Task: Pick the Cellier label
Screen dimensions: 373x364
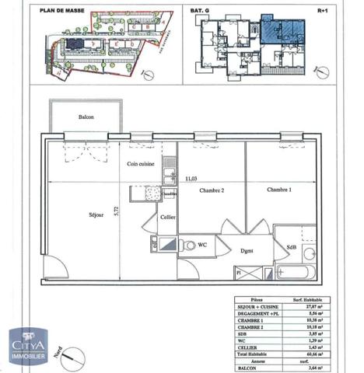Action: [167, 218]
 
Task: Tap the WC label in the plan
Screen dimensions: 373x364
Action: [201, 245]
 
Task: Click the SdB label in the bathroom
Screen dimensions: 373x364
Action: [292, 248]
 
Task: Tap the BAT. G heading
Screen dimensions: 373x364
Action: [212, 10]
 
